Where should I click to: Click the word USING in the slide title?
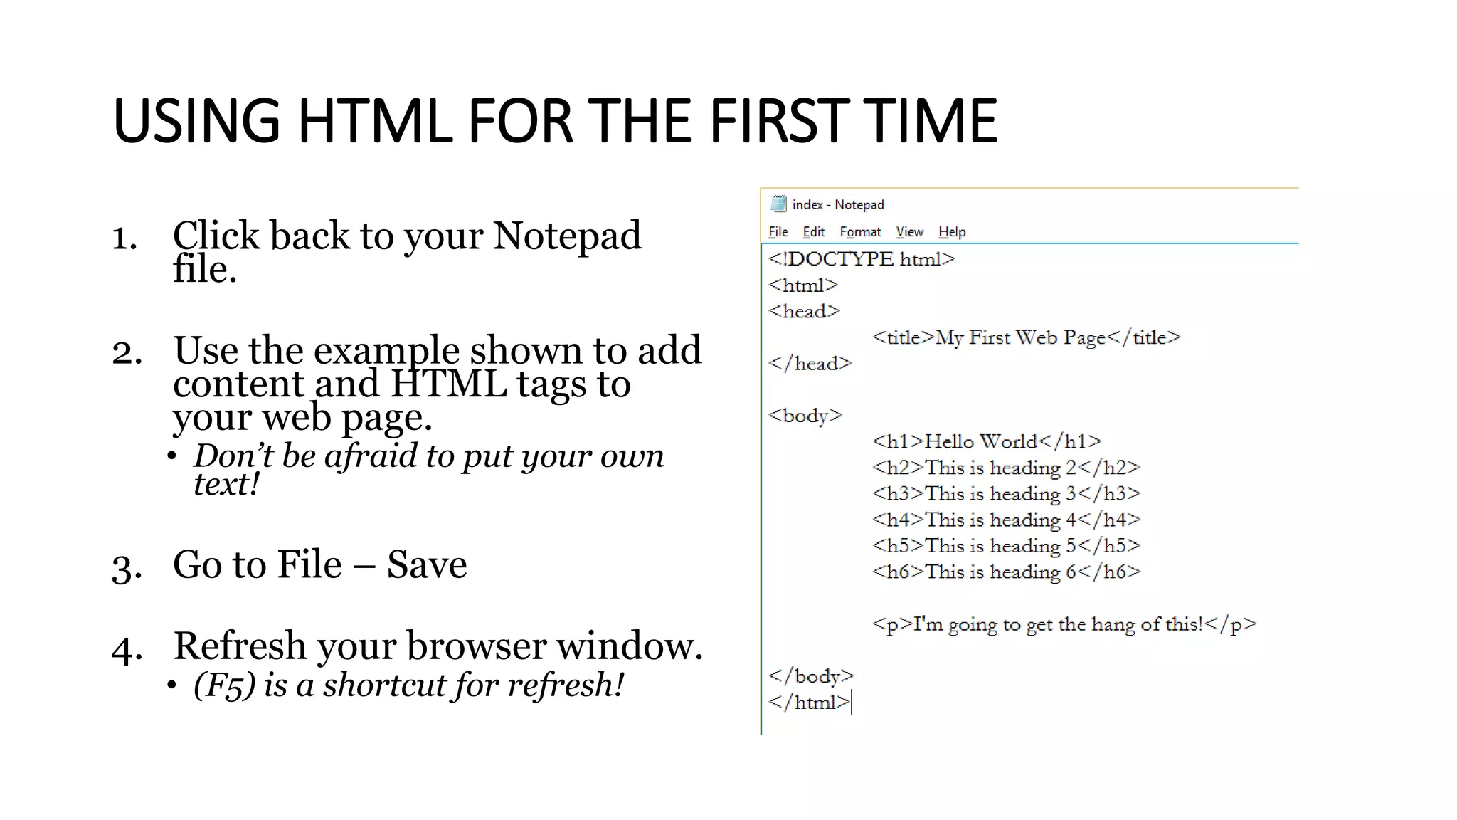(x=196, y=121)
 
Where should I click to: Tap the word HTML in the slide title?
(x=374, y=121)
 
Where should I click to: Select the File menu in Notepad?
(x=778, y=232)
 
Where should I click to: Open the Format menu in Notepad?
(x=860, y=232)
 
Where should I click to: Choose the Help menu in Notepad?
(x=951, y=232)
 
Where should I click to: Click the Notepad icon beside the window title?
(x=778, y=204)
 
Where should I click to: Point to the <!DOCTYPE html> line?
(x=862, y=259)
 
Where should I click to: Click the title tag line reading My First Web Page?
(x=1026, y=337)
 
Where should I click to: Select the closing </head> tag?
(x=810, y=364)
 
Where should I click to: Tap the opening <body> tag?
(x=805, y=416)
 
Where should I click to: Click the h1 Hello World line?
(x=987, y=442)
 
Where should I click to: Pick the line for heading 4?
(x=1006, y=520)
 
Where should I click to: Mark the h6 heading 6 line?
(x=1006, y=572)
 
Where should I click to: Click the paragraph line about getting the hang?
(x=1064, y=625)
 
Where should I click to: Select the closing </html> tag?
(x=809, y=703)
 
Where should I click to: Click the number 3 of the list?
(x=126, y=567)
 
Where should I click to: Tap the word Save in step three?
(x=427, y=565)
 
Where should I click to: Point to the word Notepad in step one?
(x=567, y=236)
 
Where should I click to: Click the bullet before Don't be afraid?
(x=171, y=456)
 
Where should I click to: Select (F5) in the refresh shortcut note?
(x=224, y=685)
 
